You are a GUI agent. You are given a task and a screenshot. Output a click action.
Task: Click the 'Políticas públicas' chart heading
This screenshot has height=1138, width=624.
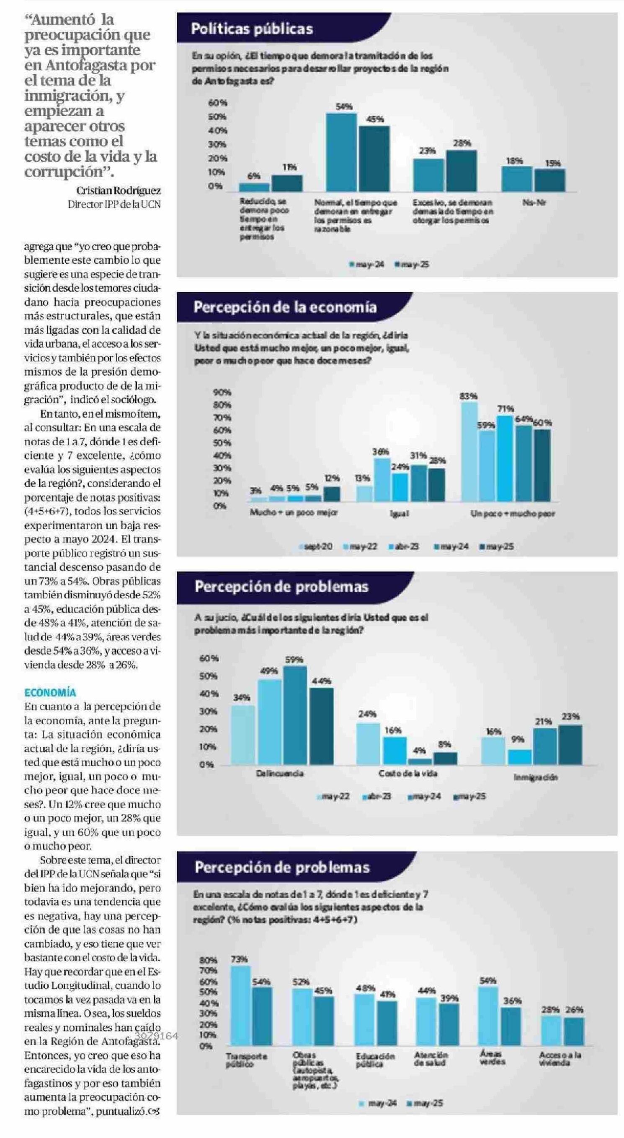[252, 29]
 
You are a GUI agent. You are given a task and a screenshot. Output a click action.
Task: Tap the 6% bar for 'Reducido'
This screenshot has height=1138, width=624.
[254, 187]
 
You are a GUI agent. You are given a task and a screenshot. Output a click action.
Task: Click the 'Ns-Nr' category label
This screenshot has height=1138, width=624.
[534, 203]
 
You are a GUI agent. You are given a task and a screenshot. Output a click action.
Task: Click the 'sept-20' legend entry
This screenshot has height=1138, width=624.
[315, 546]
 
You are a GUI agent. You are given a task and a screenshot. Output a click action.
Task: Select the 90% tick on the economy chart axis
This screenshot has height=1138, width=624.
[222, 392]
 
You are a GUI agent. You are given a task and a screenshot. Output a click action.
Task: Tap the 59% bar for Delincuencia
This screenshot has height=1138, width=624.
[295, 715]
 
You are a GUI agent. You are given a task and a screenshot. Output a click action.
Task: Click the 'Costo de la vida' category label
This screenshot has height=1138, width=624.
[407, 774]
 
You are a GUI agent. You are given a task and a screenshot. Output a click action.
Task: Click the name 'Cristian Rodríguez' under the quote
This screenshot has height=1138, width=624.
[118, 191]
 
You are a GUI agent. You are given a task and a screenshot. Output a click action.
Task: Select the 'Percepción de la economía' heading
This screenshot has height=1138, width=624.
[285, 307]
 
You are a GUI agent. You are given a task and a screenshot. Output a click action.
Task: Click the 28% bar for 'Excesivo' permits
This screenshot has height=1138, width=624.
[461, 170]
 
